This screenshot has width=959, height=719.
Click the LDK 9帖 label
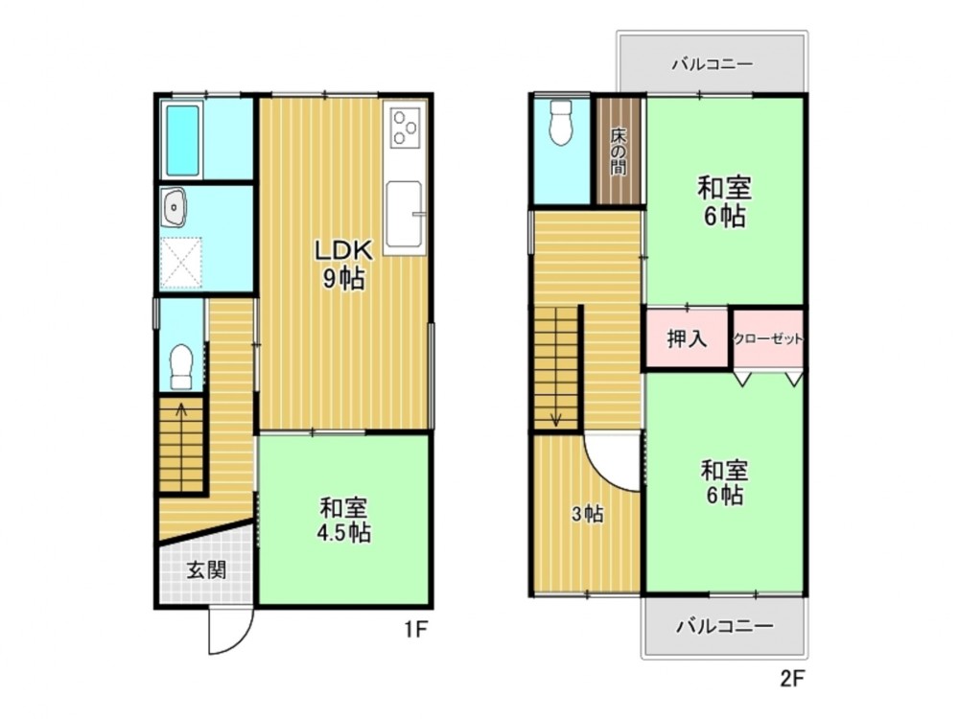[x=343, y=265]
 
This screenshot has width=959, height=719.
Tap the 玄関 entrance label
[x=207, y=570]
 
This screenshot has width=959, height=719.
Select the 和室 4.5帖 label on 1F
[x=343, y=520]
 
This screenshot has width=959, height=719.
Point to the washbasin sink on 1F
[x=175, y=207]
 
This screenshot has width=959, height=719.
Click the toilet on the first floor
[x=181, y=366]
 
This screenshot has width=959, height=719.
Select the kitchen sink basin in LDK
[x=404, y=212]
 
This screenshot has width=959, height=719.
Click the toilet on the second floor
[x=561, y=123]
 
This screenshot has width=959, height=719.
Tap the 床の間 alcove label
[x=619, y=151]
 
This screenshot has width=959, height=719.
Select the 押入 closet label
[x=687, y=338]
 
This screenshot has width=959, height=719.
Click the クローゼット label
[x=767, y=338]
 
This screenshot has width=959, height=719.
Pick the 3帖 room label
[x=587, y=514]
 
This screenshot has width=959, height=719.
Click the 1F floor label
[x=414, y=629]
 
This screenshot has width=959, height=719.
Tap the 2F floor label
[x=791, y=679]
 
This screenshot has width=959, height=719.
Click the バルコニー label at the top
[x=712, y=64]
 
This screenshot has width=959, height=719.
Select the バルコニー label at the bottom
[x=725, y=626]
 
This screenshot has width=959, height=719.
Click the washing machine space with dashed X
[x=181, y=263]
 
